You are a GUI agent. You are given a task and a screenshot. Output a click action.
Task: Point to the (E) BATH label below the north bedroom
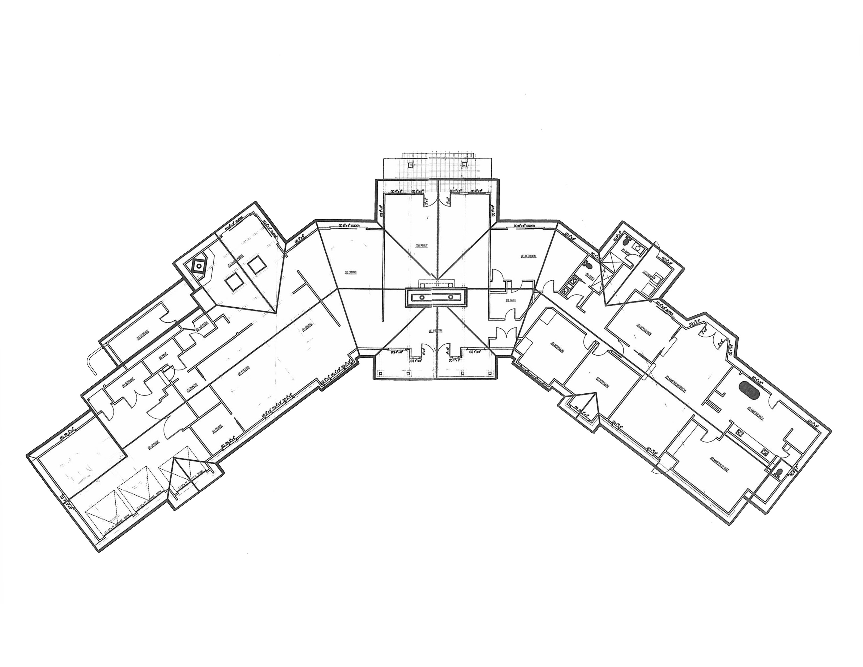point(511,300)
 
